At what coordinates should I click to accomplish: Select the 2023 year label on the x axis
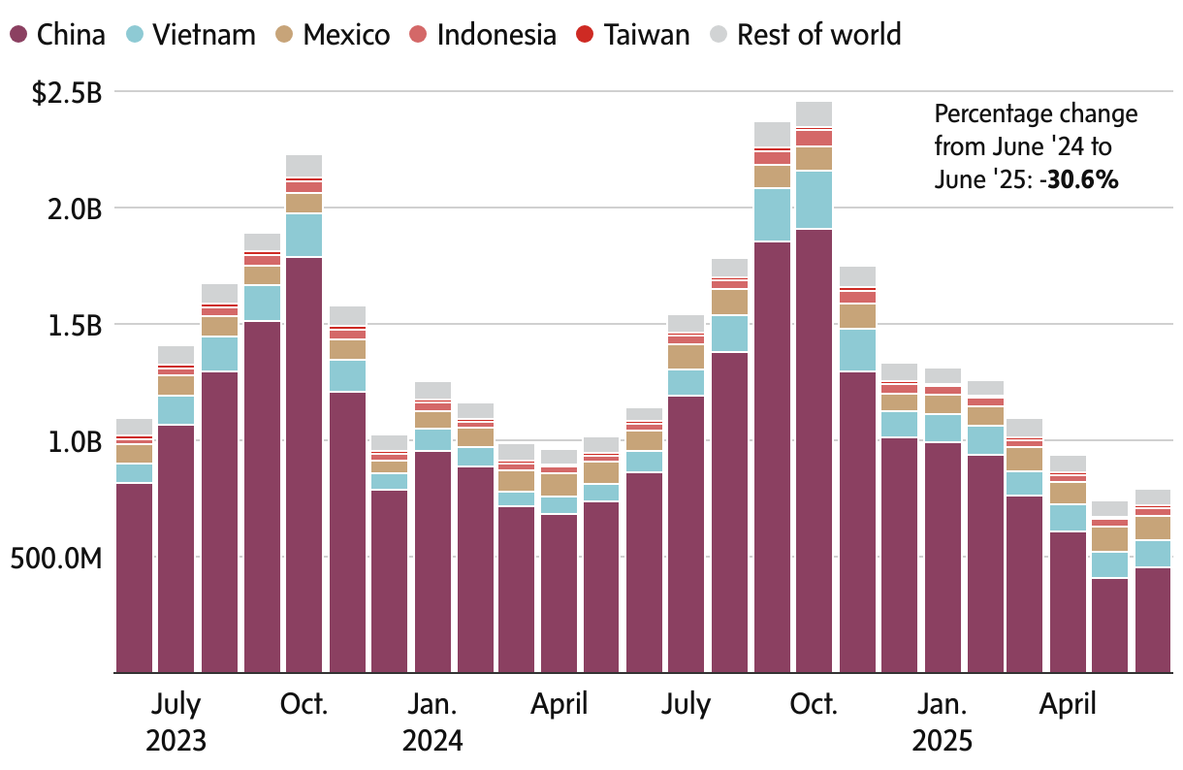pyautogui.click(x=176, y=741)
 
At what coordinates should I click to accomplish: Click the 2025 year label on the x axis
pyautogui.click(x=943, y=741)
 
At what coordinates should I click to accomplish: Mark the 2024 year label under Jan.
pyautogui.click(x=432, y=741)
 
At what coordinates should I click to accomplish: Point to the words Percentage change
pyautogui.click(x=1036, y=114)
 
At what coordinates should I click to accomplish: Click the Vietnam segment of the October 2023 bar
pyautogui.click(x=304, y=235)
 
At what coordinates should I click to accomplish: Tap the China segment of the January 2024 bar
pyautogui.click(x=432, y=562)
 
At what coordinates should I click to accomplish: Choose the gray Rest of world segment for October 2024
pyautogui.click(x=815, y=113)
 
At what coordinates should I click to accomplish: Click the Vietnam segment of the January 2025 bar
pyautogui.click(x=943, y=428)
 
